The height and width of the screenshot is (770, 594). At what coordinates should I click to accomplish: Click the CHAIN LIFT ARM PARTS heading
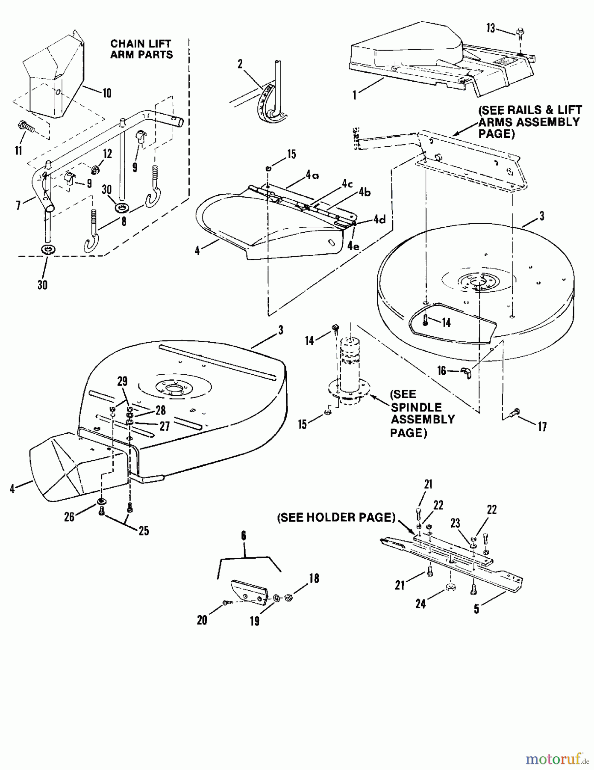click(141, 49)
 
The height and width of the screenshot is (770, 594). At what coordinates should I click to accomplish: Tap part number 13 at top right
click(491, 29)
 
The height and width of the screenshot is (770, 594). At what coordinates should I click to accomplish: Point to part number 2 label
click(240, 64)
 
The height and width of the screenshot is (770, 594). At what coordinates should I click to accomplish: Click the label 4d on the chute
click(379, 220)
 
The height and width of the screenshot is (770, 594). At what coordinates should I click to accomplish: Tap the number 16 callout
click(441, 370)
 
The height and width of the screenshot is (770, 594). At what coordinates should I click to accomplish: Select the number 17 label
click(542, 426)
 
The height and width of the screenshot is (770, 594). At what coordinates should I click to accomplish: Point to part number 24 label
click(421, 604)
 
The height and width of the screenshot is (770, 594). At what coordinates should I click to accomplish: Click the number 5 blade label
click(476, 609)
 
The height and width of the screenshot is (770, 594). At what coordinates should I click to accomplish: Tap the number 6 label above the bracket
click(244, 536)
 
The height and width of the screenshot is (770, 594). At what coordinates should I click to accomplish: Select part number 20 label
click(202, 620)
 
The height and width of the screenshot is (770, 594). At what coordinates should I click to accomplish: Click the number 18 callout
click(314, 579)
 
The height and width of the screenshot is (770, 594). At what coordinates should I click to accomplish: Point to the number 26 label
click(69, 517)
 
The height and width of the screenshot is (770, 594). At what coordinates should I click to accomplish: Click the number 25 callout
click(144, 531)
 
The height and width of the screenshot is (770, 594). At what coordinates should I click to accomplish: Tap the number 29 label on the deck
click(123, 381)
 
